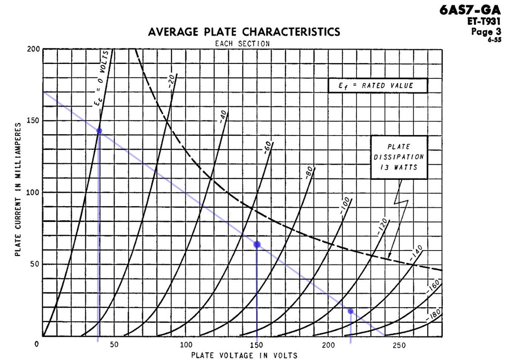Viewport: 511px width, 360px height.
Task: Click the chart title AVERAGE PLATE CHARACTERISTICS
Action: tap(244, 32)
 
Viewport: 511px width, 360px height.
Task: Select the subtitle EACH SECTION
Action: tap(242, 43)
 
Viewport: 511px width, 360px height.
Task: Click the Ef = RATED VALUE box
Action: tap(378, 86)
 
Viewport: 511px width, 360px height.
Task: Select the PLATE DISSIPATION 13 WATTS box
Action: tap(399, 157)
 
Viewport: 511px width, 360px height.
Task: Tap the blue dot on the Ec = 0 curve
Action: tap(99, 131)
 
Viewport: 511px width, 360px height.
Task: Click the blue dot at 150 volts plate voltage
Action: tap(257, 244)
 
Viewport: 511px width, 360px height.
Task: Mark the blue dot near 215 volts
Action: tap(350, 311)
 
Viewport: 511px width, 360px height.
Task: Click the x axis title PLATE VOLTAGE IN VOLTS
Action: tap(244, 355)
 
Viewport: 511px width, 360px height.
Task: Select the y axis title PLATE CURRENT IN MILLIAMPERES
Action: tap(18, 190)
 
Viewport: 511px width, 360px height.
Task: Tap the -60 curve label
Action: tap(267, 147)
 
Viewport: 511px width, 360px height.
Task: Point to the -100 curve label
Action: tap(345, 205)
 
